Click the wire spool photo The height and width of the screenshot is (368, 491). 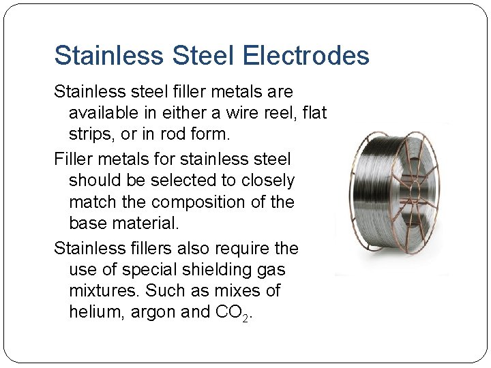[x=391, y=198]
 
